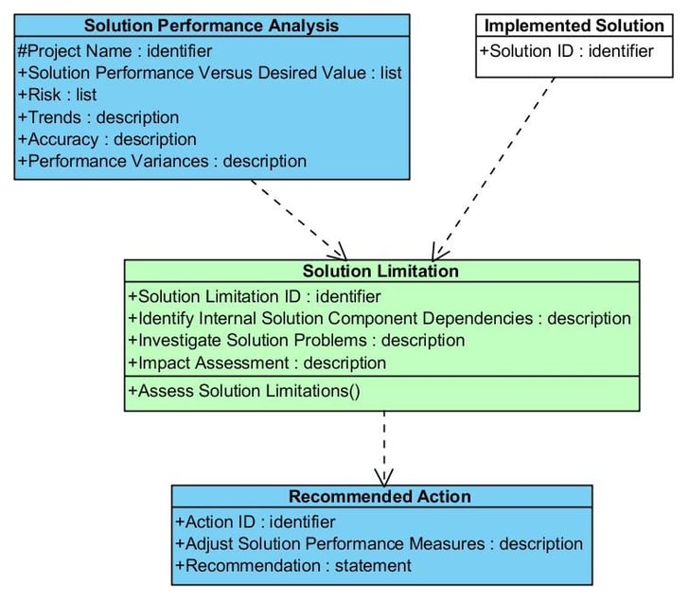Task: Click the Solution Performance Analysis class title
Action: pyautogui.click(x=211, y=26)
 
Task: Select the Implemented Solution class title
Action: pyautogui.click(x=574, y=26)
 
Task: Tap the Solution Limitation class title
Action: pyautogui.click(x=380, y=271)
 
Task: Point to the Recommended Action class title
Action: pyautogui.click(x=380, y=496)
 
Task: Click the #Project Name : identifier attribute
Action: pyautogui.click(x=115, y=51)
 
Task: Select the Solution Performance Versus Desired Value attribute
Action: pyautogui.click(x=209, y=73)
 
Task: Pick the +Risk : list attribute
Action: pyautogui.click(x=57, y=95)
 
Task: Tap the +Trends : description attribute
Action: pyautogui.click(x=98, y=117)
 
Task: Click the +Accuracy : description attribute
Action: pyautogui.click(x=107, y=139)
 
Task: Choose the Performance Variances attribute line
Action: pyautogui.click(x=162, y=161)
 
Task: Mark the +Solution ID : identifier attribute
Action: pyautogui.click(x=566, y=51)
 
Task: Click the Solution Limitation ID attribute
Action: pyautogui.click(x=254, y=296)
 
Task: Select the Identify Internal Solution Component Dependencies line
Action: pyautogui.click(x=380, y=319)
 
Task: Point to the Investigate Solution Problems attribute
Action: pyautogui.click(x=296, y=341)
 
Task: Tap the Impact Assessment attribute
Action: pyautogui.click(x=257, y=363)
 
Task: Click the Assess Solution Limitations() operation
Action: pyautogui.click(x=244, y=391)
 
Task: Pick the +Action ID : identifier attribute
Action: pyautogui.click(x=255, y=522)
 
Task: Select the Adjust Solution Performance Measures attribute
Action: pyautogui.click(x=379, y=544)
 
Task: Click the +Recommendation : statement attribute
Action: pyautogui.click(x=293, y=565)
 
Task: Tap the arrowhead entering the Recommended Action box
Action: pyautogui.click(x=384, y=478)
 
